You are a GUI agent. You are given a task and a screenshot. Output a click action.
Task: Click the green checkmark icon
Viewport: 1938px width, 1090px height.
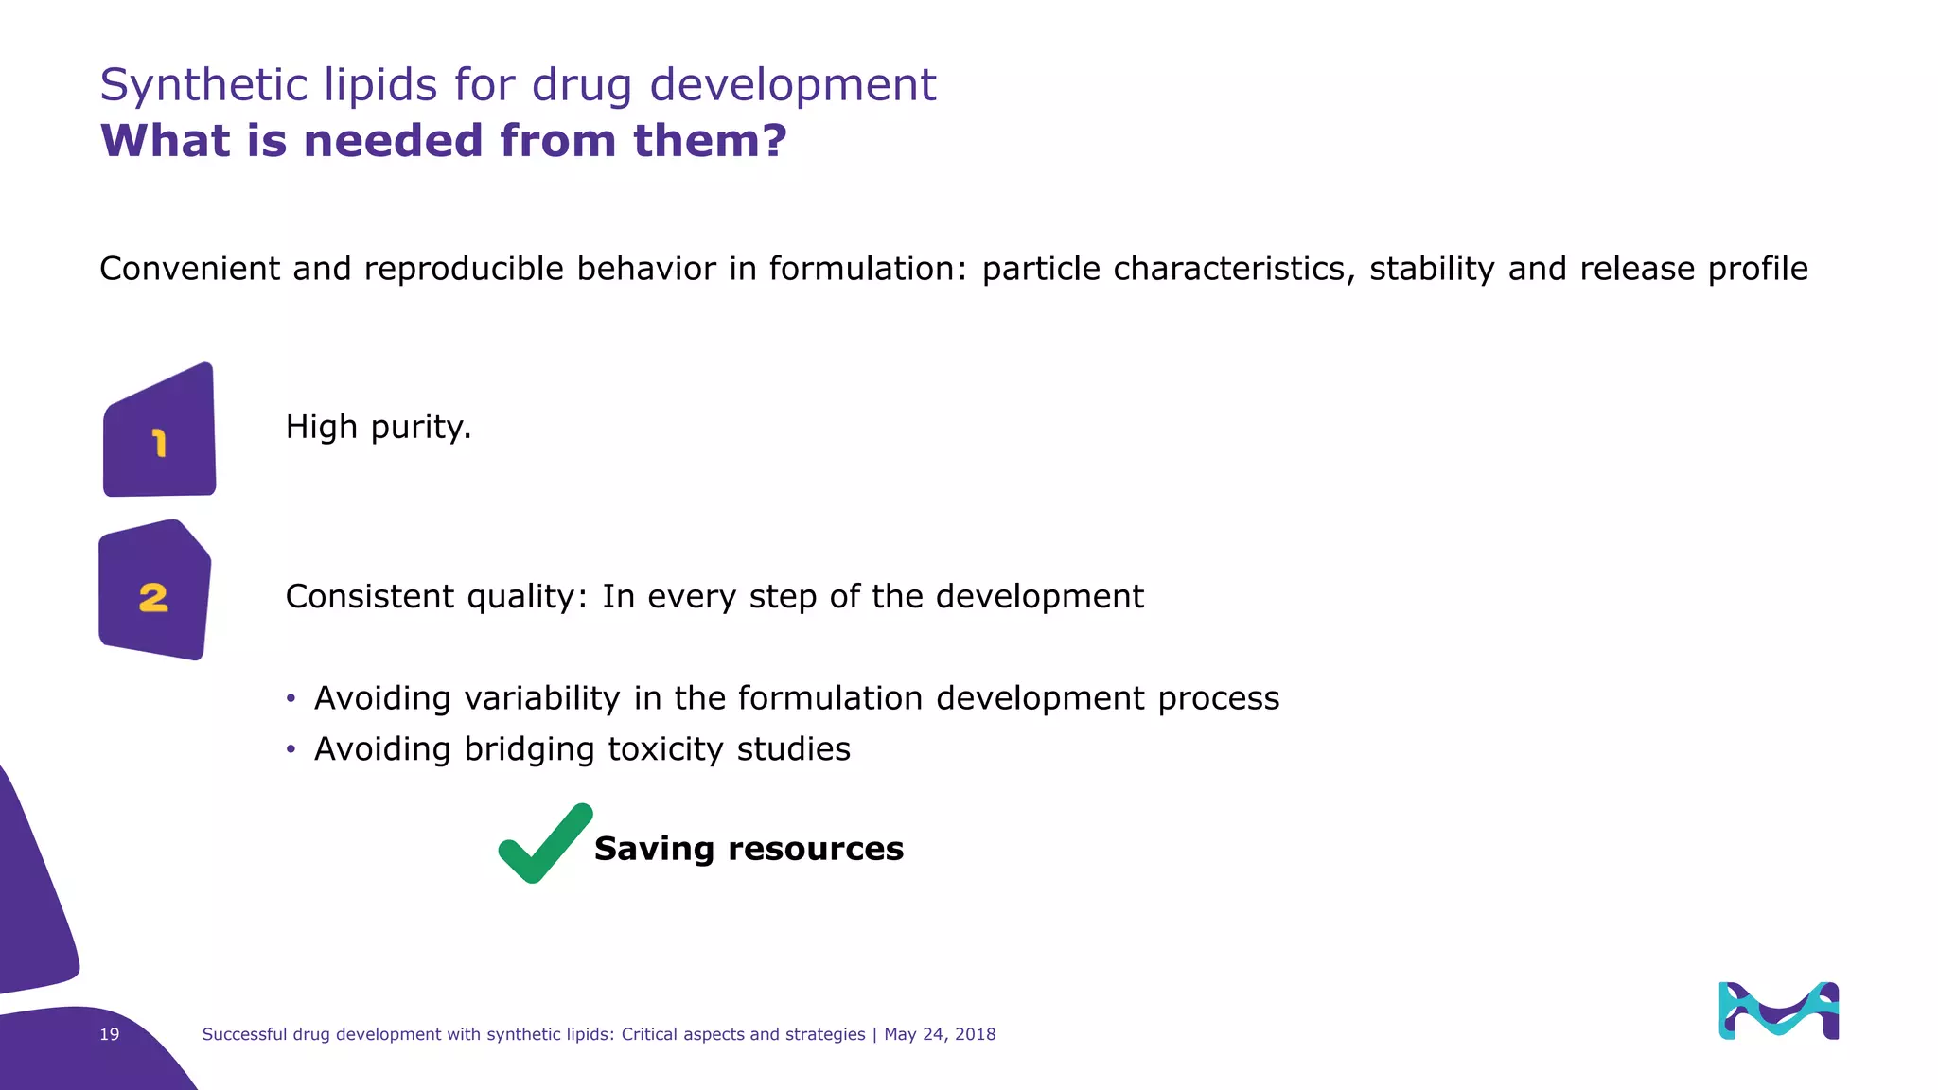point(544,844)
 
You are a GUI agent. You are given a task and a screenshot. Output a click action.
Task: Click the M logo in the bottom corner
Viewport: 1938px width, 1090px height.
point(1778,1011)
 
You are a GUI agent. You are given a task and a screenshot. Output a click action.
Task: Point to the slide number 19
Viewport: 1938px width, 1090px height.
point(110,1034)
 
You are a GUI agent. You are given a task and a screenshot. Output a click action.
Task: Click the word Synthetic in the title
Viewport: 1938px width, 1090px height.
point(204,85)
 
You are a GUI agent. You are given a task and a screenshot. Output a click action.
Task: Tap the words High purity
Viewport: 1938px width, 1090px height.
point(378,428)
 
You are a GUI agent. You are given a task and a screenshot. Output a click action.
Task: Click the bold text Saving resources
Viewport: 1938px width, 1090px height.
point(749,849)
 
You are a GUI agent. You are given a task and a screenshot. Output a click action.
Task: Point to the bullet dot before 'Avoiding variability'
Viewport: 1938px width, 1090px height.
point(291,698)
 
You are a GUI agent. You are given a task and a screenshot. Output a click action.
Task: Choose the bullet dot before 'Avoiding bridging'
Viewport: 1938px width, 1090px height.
point(291,749)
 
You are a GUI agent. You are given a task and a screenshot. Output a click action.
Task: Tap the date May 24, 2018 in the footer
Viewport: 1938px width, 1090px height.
point(940,1034)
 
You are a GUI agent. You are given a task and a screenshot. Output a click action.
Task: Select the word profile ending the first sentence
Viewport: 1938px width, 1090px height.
point(1757,269)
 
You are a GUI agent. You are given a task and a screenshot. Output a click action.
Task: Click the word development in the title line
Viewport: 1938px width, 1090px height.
point(792,85)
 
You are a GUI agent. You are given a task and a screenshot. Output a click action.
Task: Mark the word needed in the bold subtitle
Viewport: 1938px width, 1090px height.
point(394,140)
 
